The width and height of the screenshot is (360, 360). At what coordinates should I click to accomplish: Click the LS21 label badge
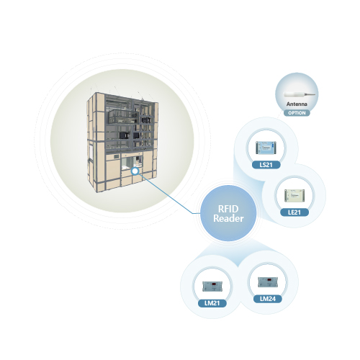click(266, 165)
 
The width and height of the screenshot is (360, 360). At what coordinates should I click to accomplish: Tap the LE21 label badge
click(294, 212)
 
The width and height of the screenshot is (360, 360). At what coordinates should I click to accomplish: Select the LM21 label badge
click(212, 303)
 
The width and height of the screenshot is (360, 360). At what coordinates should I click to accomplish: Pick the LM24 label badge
click(268, 299)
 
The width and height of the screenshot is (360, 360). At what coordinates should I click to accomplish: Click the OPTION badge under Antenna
click(297, 113)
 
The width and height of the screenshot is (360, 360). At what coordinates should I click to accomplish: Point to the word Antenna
click(297, 104)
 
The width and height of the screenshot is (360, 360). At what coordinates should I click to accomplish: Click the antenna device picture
click(300, 94)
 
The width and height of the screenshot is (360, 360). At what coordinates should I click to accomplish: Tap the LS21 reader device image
click(266, 148)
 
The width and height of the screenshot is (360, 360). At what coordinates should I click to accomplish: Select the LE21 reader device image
click(294, 195)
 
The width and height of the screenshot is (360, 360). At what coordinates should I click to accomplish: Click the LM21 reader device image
click(212, 286)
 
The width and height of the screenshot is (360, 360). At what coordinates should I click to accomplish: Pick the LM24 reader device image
click(268, 282)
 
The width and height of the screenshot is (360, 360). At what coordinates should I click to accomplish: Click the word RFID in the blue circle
click(228, 209)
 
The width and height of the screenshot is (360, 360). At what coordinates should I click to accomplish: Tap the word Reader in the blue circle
click(228, 218)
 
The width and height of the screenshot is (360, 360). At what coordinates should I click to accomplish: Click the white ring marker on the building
click(135, 171)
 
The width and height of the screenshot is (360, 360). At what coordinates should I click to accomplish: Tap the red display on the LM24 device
click(269, 280)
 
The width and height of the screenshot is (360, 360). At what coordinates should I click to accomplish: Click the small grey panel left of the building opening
click(117, 157)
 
